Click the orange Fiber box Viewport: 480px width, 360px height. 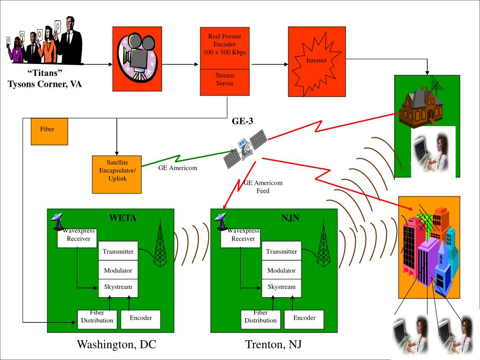[49, 131]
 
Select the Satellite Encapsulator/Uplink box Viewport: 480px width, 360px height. [117, 174]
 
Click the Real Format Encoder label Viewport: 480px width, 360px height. [225, 44]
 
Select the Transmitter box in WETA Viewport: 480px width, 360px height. [118, 252]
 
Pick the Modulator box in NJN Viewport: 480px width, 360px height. [281, 270]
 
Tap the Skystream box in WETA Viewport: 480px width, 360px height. [118, 287]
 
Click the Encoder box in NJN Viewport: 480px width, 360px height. [304, 319]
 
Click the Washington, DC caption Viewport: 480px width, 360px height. [116, 345]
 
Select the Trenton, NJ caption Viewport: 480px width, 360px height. [273, 345]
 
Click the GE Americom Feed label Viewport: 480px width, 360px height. [263, 187]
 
